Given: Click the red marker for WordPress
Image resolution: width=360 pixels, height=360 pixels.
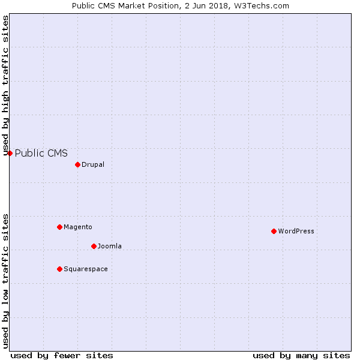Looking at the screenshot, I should [x=274, y=231].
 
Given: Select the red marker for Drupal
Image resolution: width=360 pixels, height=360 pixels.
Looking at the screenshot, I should [x=77, y=164].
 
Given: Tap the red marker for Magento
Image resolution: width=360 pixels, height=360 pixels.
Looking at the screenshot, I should [x=59, y=227].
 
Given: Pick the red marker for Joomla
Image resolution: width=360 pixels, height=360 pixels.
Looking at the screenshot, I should [x=94, y=246].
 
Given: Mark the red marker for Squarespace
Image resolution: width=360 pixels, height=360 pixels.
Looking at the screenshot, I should [x=59, y=269].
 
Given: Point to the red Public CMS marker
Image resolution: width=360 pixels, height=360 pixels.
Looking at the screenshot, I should [x=10, y=153].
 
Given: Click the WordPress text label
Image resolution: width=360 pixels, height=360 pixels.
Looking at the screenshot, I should [x=296, y=231].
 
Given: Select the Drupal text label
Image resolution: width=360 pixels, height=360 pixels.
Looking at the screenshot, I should [x=93, y=164].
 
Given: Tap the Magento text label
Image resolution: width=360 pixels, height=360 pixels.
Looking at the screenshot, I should [x=78, y=227].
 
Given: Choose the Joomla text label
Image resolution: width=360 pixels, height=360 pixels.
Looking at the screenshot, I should [x=110, y=246].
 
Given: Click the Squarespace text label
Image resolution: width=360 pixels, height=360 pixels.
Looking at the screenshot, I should [x=86, y=269].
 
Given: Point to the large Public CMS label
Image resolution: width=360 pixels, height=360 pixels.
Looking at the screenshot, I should [x=41, y=153].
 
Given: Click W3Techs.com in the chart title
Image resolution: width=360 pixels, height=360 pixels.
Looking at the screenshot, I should [x=262, y=6].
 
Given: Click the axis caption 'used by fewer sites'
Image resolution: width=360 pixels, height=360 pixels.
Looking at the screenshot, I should [x=62, y=356].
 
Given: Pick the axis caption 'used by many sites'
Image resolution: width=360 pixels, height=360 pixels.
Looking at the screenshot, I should [x=301, y=356].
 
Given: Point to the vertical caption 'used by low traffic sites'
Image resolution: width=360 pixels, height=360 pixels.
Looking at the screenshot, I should [x=6, y=281].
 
